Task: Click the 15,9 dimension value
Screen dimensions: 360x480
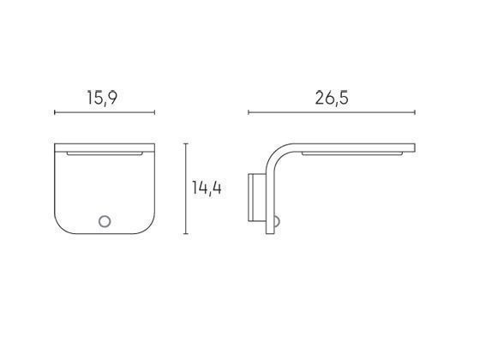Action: click(x=101, y=98)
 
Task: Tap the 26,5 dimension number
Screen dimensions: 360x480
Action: click(x=332, y=98)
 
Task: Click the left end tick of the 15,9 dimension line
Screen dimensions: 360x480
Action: click(x=55, y=112)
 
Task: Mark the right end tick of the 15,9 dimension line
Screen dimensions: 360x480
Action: click(x=154, y=112)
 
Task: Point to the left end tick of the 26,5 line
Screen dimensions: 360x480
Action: click(x=249, y=112)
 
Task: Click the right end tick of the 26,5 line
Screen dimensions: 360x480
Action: click(x=416, y=112)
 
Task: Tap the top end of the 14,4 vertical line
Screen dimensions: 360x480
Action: click(x=187, y=144)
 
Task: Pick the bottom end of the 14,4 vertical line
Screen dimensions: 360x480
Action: click(x=187, y=233)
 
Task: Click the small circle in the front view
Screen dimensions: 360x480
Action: click(x=105, y=222)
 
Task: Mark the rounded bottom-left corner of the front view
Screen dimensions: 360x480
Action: click(x=62, y=226)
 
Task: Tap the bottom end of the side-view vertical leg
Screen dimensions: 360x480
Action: click(x=273, y=231)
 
